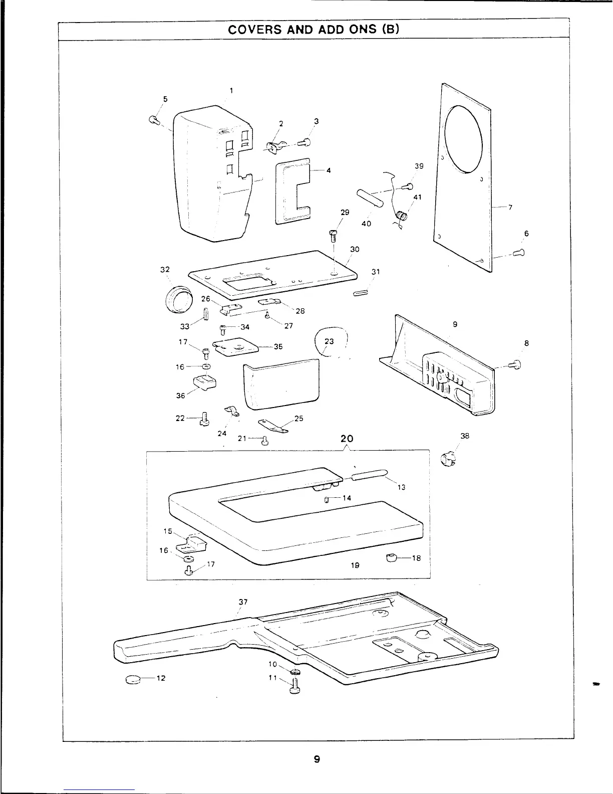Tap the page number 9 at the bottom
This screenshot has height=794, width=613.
coord(317,759)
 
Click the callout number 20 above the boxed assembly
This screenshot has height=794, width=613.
coord(347,439)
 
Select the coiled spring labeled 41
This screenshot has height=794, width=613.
coord(402,216)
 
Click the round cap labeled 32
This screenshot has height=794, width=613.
coord(178,301)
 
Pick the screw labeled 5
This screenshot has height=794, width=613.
coord(154,120)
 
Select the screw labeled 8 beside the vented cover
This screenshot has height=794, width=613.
coord(515,365)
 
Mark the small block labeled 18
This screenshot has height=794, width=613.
coord(392,557)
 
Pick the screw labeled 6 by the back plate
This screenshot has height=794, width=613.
coord(519,253)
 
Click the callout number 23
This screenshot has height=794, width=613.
coord(329,341)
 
